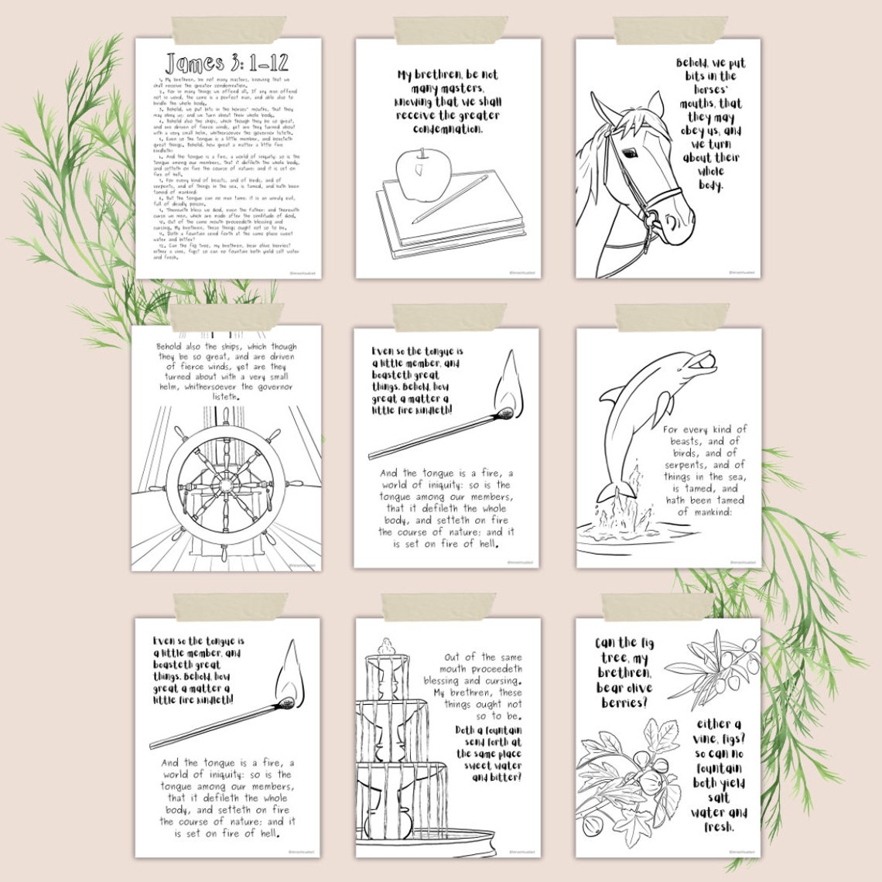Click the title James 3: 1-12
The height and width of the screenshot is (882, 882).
227,63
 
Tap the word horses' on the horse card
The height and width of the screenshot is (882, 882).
709,89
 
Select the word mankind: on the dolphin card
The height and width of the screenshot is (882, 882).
704,511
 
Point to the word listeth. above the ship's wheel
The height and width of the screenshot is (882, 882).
226,397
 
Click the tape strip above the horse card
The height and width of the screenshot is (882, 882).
670,30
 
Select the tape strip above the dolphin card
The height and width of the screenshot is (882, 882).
670,316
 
